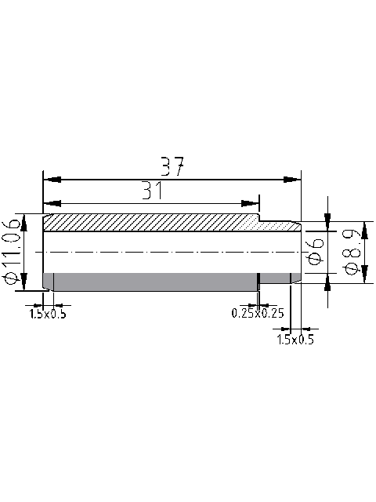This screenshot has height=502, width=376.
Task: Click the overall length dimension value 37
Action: click(x=172, y=166)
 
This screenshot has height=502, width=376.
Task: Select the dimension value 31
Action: click(x=153, y=190)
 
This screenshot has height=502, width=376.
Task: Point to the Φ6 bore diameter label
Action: click(x=315, y=251)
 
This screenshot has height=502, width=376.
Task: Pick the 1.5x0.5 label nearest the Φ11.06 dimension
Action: click(x=48, y=314)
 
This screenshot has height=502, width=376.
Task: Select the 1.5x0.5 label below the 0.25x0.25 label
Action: click(x=295, y=340)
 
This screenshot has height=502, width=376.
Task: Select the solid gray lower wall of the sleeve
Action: click(x=149, y=280)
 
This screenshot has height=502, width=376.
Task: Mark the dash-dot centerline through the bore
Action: click(x=172, y=251)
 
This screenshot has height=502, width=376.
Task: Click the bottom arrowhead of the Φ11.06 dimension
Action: click(x=25, y=283)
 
